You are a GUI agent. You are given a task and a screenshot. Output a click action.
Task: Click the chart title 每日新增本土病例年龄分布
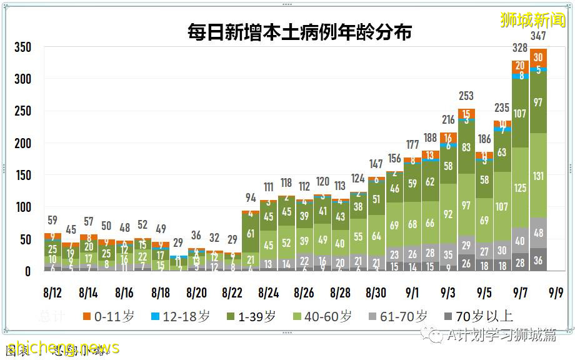click(300, 31)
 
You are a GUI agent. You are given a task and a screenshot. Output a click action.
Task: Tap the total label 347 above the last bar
click(538, 36)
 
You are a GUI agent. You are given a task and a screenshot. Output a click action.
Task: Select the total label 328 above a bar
click(520, 48)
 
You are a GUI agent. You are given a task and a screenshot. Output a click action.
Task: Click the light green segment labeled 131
click(538, 176)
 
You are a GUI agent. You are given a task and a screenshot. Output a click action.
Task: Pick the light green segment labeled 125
click(520, 187)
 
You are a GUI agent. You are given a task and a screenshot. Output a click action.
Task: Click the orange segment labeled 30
click(538, 57)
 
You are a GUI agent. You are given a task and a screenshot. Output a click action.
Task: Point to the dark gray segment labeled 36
click(538, 260)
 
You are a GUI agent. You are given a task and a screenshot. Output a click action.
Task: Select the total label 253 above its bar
click(466, 96)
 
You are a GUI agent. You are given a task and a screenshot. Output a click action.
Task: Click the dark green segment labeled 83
click(466, 147)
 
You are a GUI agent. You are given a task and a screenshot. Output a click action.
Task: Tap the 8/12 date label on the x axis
click(52, 292)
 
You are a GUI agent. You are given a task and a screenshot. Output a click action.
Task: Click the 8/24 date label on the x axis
click(269, 292)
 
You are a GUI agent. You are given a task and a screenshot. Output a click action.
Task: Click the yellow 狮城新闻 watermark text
click(532, 19)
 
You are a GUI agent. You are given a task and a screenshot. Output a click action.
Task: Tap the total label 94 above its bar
click(251, 198)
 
